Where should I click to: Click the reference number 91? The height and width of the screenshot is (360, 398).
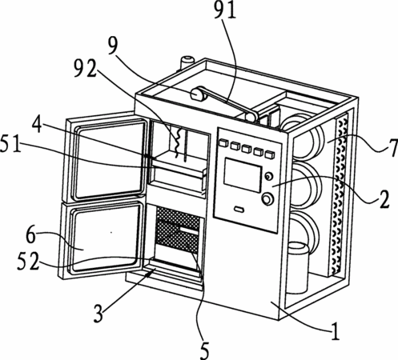point(225,10)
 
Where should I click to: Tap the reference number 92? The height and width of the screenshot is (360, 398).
point(85,68)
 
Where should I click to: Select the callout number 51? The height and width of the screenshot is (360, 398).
point(10,143)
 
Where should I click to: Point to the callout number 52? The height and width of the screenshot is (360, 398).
point(27,262)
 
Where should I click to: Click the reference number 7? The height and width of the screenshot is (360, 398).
point(392,148)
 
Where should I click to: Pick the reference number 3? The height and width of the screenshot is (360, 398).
point(98,314)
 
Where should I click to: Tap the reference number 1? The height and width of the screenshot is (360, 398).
point(335,331)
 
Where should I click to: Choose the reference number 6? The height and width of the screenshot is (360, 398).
point(31,235)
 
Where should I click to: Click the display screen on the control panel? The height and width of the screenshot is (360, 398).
point(243,175)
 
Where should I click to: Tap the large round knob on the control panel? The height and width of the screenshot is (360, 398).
point(267,199)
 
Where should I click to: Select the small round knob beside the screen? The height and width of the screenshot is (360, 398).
point(268,176)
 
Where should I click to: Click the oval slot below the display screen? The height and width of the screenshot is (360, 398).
point(239,210)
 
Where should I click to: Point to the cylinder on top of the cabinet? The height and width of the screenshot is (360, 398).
point(187,62)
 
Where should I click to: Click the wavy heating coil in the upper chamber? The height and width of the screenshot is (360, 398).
point(177,142)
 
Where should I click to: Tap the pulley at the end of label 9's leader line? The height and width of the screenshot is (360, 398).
point(198,94)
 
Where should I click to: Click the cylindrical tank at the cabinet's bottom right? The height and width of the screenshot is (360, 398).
point(297,266)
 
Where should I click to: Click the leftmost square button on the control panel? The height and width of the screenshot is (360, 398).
point(223,143)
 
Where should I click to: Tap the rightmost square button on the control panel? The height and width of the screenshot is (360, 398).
point(270,155)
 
